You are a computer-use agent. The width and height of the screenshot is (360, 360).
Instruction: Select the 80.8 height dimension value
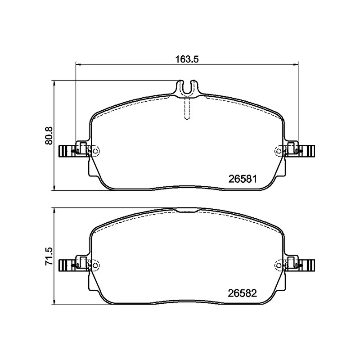coord(50,135)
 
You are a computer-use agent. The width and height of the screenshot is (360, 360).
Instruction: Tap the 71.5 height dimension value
coord(50,256)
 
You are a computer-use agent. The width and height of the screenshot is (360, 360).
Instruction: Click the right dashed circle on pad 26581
coord(279,151)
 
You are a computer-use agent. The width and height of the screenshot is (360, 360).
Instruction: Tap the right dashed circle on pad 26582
coord(279,265)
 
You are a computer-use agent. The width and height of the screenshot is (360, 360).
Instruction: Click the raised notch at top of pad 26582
coord(187,210)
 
